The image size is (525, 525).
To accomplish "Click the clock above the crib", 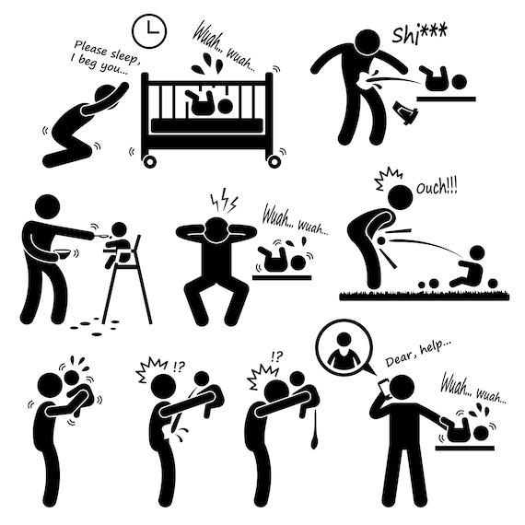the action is (x=149, y=31).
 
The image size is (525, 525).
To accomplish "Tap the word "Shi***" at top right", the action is (x=419, y=34).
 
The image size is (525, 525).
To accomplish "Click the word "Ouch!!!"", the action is (x=437, y=187).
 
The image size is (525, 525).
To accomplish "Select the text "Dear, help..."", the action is (x=418, y=353).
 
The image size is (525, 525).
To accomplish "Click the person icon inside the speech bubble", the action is (x=344, y=351).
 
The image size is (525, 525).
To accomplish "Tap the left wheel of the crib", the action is (x=149, y=162).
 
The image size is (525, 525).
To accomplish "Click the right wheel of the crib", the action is (x=274, y=162).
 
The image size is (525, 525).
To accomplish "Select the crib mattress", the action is (x=207, y=125).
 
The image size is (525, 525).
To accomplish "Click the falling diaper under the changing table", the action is (x=405, y=113).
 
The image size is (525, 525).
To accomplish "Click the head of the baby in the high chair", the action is (x=119, y=230).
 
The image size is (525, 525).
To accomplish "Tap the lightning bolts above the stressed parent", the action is (x=224, y=204).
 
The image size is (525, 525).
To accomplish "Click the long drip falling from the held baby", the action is (x=314, y=431).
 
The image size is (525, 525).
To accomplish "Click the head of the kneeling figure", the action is (x=107, y=97).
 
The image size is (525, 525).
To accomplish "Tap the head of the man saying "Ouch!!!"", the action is (x=401, y=197).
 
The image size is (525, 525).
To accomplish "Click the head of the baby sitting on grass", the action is (x=477, y=254).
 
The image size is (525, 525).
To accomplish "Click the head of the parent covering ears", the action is (x=216, y=230).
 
